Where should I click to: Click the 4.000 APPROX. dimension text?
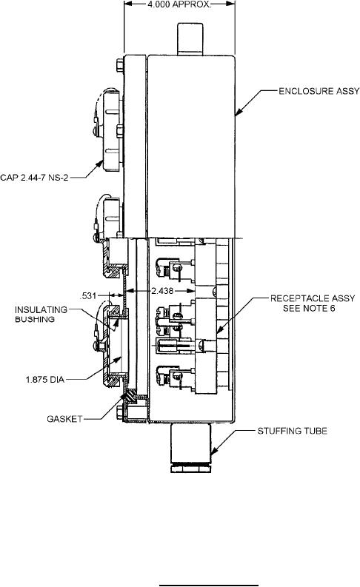[179, 4]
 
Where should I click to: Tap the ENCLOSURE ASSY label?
[319, 91]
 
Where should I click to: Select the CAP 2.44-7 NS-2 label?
[34, 178]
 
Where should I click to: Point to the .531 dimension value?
[88, 296]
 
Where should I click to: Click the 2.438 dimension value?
[162, 290]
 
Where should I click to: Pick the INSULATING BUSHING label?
[41, 315]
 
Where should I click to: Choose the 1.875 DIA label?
[45, 380]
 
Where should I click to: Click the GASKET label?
[64, 419]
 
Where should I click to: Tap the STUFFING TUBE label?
[292, 431]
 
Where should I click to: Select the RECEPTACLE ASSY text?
[313, 298]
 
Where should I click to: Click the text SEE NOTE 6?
[309, 308]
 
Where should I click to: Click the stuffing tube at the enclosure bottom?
[190, 448]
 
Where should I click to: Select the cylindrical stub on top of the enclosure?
[190, 39]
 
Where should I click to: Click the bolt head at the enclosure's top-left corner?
[120, 65]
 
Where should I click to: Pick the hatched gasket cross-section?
[131, 395]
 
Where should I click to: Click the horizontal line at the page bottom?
[209, 585]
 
